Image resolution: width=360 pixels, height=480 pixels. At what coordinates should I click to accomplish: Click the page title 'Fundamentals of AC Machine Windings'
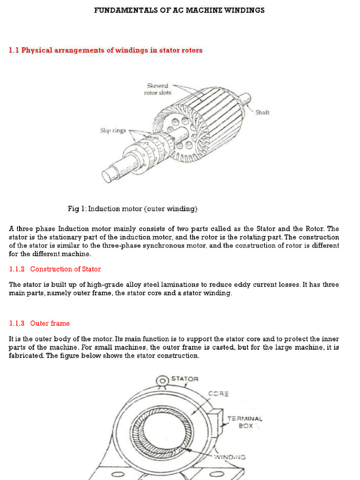tap(180, 10)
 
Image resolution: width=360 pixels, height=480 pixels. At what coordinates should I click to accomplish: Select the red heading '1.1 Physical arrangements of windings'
tap(106, 50)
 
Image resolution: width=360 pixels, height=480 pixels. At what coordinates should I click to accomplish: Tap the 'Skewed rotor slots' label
tap(157, 89)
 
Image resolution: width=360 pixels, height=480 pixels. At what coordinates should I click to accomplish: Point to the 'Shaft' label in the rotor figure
tap(262, 112)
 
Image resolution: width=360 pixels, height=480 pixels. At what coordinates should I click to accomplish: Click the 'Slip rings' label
tap(112, 130)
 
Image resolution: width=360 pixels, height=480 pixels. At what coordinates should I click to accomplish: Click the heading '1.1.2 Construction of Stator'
tap(55, 269)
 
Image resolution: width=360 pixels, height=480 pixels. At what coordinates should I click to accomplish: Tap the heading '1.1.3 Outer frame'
tap(40, 323)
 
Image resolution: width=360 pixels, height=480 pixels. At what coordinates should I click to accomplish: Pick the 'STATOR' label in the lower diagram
tap(185, 379)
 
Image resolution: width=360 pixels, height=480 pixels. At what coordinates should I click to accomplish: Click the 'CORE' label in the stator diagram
tap(218, 394)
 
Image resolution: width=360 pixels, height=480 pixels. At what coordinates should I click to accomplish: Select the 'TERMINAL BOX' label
tap(245, 422)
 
